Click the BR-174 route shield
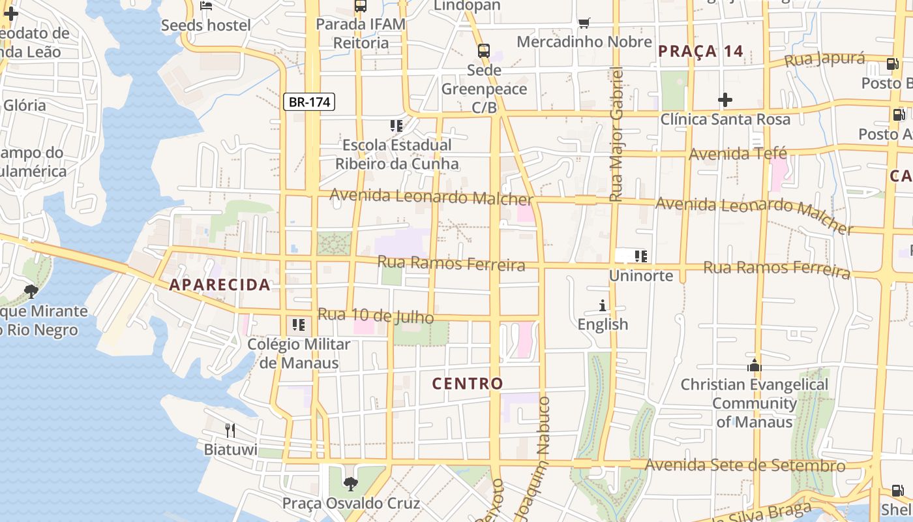click(x=310, y=102)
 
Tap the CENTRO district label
click(x=468, y=384)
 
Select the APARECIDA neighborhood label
click(x=220, y=284)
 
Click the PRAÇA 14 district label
click(x=701, y=52)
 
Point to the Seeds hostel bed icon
click(x=206, y=7)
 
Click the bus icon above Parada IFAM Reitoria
click(x=361, y=6)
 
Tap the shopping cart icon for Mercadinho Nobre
click(x=584, y=23)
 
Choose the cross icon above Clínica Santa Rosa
click(x=725, y=100)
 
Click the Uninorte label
click(x=640, y=275)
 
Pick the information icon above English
click(x=603, y=305)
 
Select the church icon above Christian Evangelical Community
click(x=755, y=366)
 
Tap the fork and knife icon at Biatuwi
click(x=230, y=430)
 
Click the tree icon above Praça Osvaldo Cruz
click(x=351, y=484)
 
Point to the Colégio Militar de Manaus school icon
click(x=299, y=325)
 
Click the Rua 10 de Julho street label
click(x=376, y=316)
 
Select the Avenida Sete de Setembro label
click(x=745, y=465)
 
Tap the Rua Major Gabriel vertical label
click(x=616, y=134)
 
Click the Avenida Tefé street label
click(x=738, y=154)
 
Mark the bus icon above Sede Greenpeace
click(x=483, y=50)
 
